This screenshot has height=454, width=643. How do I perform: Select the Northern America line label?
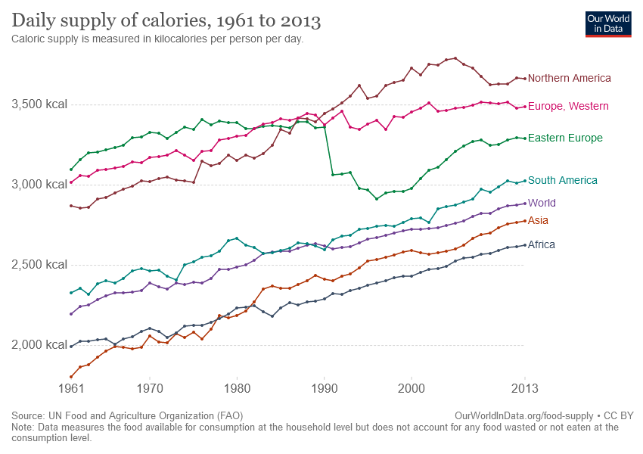point(569,78)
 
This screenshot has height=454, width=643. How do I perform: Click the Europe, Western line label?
point(568,107)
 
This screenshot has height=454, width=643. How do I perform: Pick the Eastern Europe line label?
point(565,138)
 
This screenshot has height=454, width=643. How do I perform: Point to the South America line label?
point(562,180)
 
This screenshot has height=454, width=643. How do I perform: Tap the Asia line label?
point(538,221)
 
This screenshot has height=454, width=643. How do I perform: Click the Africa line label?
point(542,244)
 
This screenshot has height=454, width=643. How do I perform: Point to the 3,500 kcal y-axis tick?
point(39,104)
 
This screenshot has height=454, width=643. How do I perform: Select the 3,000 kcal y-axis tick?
point(39,184)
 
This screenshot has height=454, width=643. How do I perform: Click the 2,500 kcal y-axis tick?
point(39,264)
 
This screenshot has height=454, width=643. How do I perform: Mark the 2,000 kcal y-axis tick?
point(39,345)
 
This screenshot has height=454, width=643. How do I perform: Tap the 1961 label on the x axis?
point(71,389)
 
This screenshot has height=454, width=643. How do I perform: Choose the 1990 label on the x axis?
point(324,389)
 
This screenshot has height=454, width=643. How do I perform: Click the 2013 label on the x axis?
point(524,389)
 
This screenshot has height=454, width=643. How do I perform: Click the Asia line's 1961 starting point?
point(71,377)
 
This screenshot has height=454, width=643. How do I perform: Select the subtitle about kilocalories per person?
point(157,39)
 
